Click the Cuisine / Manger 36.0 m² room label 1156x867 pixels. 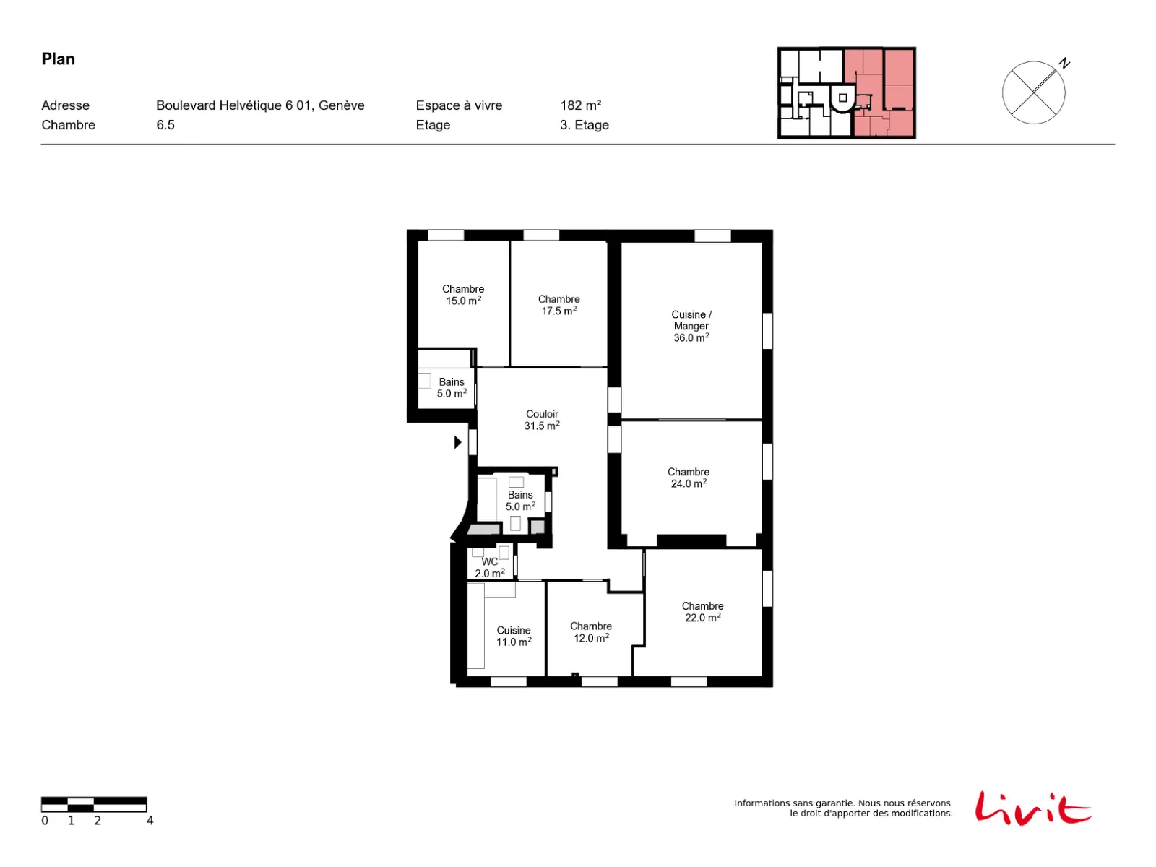tap(691, 326)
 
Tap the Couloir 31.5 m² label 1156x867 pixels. tap(542, 420)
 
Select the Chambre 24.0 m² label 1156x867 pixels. tap(689, 478)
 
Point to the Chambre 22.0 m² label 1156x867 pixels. tap(702, 612)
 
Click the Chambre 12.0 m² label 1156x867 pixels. tap(591, 631)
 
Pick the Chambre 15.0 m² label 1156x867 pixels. tap(463, 295)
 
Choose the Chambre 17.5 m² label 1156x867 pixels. tap(558, 305)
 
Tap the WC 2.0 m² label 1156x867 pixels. tap(490, 567)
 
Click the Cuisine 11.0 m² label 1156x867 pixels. tap(514, 636)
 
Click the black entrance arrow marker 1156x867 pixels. tap(457, 442)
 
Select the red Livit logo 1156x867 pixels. tap(1032, 808)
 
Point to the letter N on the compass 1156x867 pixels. tap(1064, 63)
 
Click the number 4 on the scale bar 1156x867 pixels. tap(150, 821)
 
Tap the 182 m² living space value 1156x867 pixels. tap(580, 105)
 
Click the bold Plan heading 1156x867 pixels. tap(58, 59)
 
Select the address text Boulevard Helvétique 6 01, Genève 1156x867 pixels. tap(260, 105)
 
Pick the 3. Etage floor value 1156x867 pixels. tap(584, 125)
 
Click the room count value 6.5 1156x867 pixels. tap(165, 125)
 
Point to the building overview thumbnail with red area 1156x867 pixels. tap(846, 92)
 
